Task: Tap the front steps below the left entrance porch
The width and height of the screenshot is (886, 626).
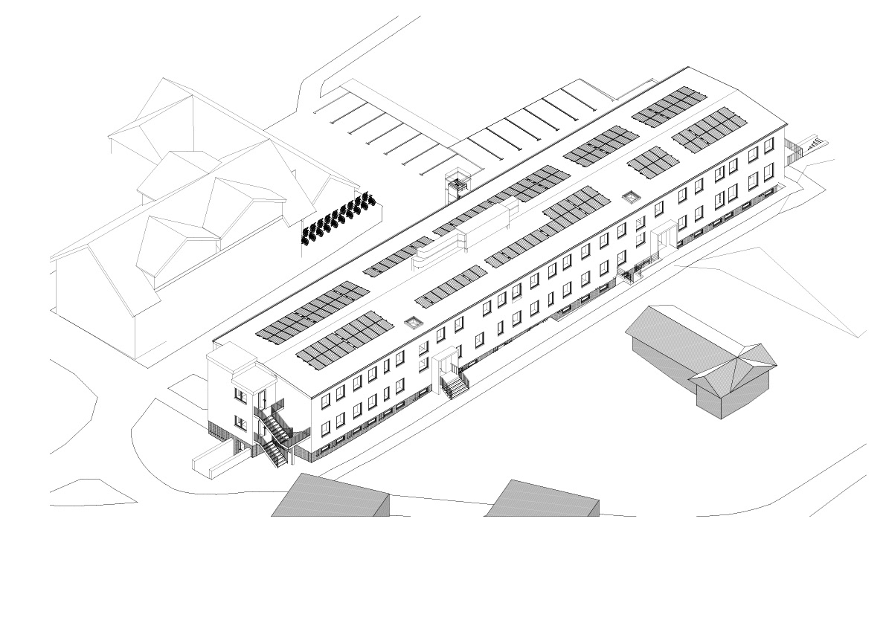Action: tap(453, 386)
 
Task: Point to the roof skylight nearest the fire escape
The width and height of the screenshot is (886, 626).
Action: tap(414, 323)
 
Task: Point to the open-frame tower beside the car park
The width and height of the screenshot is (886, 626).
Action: tap(456, 186)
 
